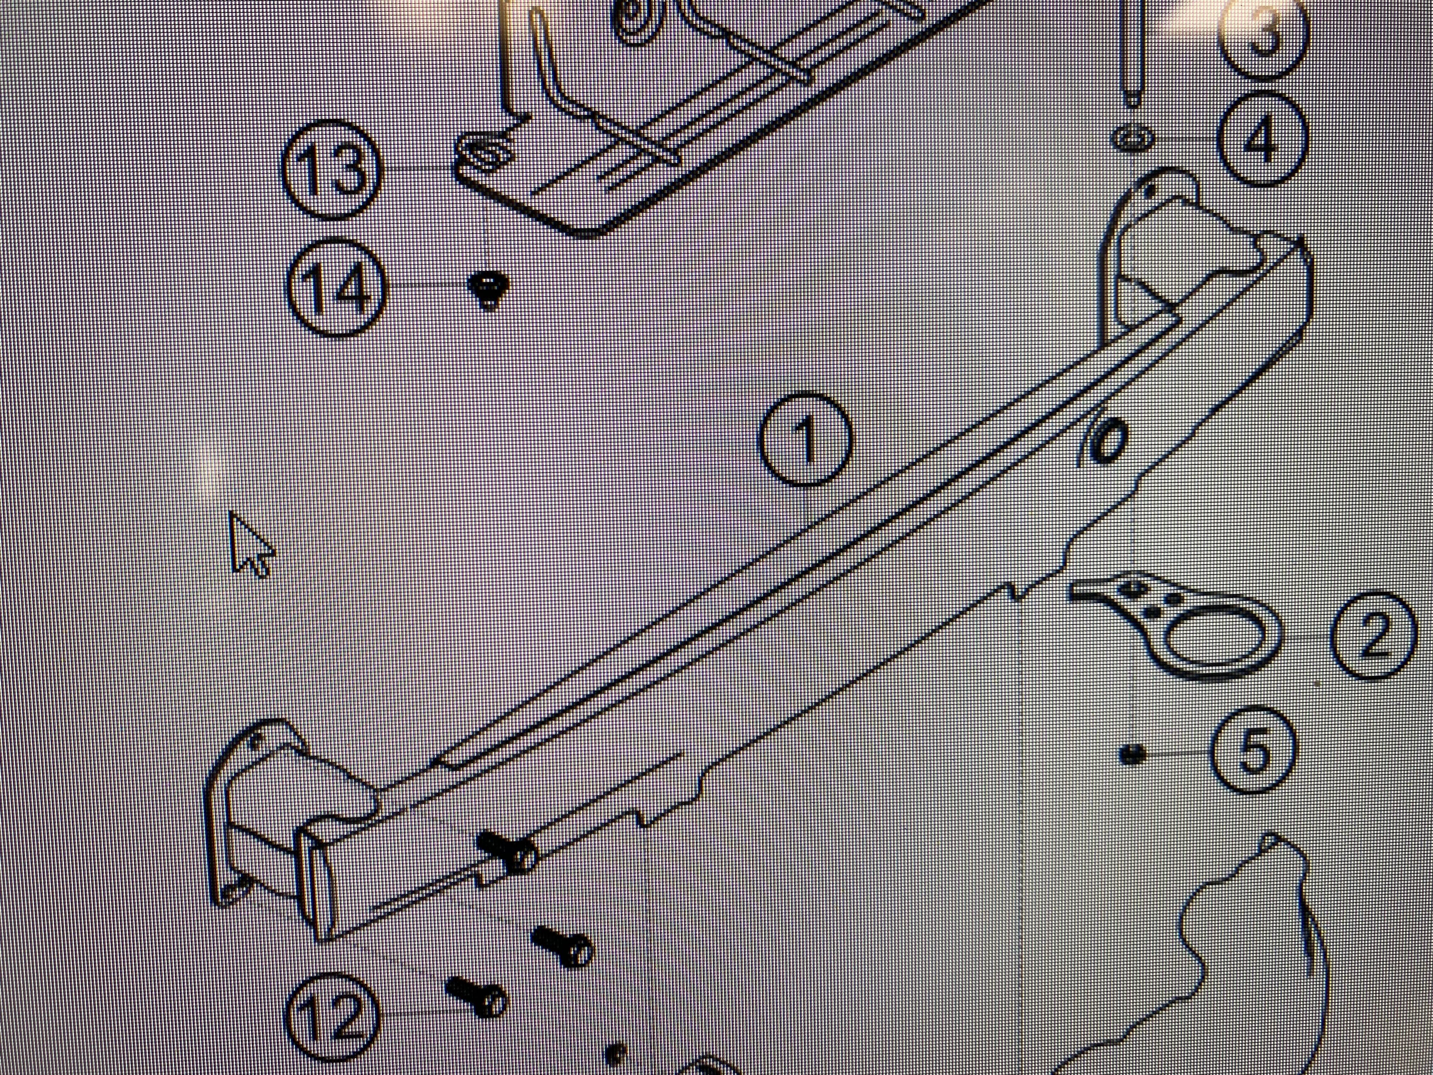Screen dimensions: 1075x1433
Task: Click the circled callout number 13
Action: [332, 172]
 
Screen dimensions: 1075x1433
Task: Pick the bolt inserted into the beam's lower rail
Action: [507, 851]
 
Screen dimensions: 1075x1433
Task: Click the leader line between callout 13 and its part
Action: [418, 169]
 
